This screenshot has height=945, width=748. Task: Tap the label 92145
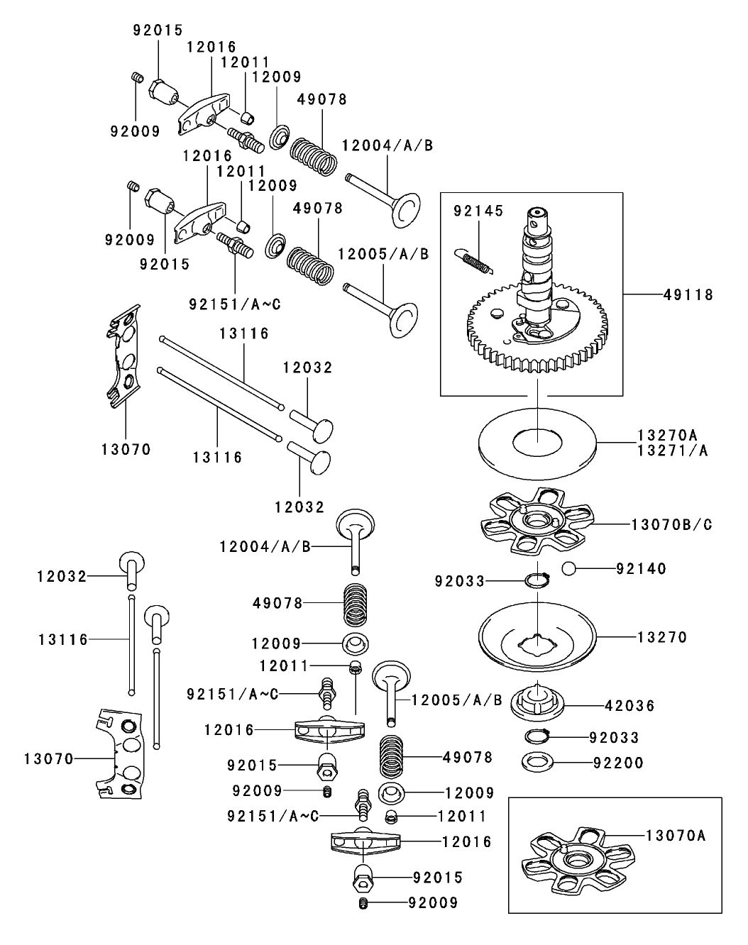[x=478, y=211]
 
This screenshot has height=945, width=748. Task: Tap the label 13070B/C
[x=671, y=524]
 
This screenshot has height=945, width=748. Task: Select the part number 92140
[x=641, y=568]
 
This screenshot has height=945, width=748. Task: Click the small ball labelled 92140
[x=567, y=568]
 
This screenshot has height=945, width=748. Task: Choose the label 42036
[x=630, y=706]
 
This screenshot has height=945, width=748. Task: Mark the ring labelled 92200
[x=537, y=763]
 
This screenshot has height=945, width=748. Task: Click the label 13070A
[x=676, y=835]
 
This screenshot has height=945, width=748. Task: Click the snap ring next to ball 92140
[x=537, y=580]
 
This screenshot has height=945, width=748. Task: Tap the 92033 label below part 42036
[x=614, y=738]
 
